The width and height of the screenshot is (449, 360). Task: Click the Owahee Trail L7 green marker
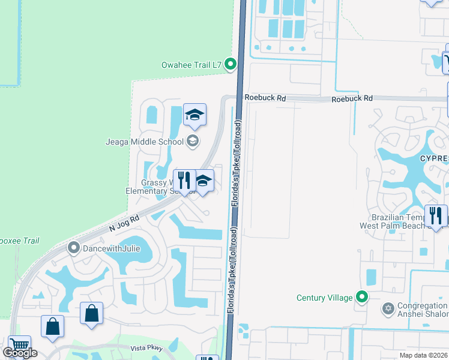231,65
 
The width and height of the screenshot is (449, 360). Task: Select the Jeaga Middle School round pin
193,142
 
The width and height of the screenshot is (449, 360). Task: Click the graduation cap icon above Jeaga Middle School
195,115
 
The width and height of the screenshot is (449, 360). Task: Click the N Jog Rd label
124,225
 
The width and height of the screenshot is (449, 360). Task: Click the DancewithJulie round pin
74,247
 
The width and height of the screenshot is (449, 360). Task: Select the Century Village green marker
362,298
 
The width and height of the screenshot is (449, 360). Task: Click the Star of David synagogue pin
388,309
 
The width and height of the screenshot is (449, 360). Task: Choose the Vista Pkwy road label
147,347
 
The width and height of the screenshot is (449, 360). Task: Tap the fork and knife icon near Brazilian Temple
435,215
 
